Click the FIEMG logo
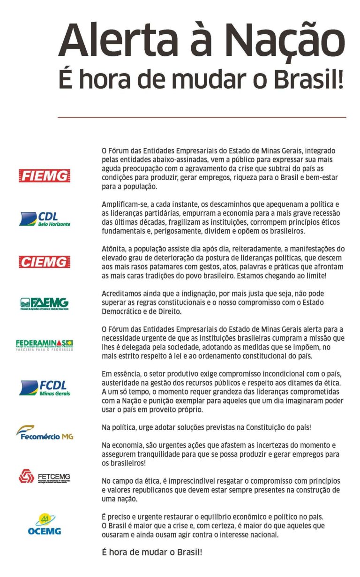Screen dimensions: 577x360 (x=45, y=176)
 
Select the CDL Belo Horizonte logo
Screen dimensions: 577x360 (x=45, y=219)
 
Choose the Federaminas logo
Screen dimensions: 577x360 (x=45, y=345)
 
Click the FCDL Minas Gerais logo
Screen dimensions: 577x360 (x=45, y=387)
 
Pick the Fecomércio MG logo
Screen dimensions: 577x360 (x=45, y=433)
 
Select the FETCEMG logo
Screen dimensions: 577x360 (x=45, y=477)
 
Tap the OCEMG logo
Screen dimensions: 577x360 (x=45, y=524)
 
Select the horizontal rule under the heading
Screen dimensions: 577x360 (x=202, y=117)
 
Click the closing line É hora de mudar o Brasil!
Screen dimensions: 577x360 (x=152, y=552)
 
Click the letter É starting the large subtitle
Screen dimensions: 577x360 (x=66, y=79)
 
